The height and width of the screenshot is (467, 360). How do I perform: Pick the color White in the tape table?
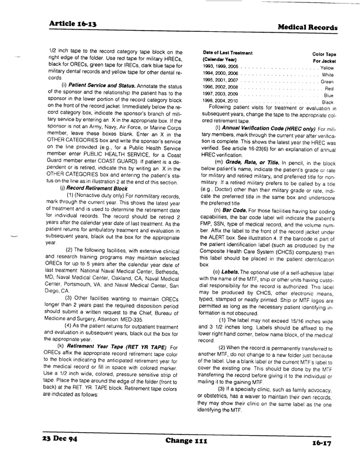click(x=328, y=75)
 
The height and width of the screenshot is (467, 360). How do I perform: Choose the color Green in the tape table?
click(x=328, y=81)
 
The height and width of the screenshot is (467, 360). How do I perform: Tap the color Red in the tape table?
click(x=329, y=88)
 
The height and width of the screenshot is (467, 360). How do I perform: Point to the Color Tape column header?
click(x=323, y=54)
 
